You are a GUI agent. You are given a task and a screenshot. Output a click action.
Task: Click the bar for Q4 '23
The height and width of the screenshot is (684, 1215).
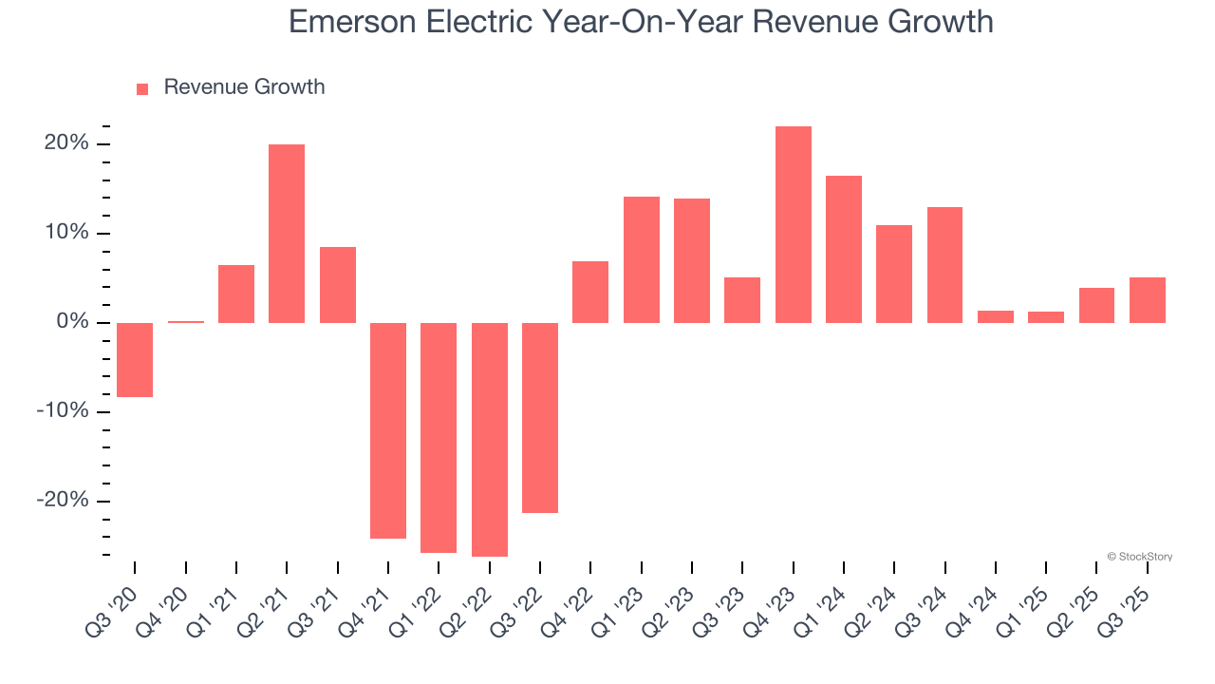[793, 224]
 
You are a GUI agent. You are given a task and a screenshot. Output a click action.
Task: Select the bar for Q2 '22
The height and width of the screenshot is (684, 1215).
[489, 439]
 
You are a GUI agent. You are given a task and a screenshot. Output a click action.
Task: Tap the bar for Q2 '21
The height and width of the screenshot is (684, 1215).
[287, 234]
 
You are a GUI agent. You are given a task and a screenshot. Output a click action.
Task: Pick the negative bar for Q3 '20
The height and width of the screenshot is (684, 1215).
[135, 359]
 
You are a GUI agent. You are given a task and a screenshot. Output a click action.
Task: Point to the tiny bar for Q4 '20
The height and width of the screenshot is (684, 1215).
[185, 322]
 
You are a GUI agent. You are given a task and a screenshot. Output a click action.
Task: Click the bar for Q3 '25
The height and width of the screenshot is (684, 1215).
[1147, 300]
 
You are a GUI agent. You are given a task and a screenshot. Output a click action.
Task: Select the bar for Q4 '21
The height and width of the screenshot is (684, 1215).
[388, 430]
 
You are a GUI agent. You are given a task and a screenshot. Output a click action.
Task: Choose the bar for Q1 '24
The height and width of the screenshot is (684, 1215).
[844, 249]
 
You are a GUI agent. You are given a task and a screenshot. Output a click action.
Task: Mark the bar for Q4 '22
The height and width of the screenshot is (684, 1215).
[590, 292]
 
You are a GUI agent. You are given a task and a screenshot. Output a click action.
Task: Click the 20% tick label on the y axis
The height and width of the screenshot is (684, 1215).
[65, 143]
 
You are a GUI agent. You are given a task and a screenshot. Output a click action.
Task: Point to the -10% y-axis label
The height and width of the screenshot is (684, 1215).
[62, 411]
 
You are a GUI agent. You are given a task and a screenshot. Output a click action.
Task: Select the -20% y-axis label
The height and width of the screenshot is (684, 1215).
[62, 501]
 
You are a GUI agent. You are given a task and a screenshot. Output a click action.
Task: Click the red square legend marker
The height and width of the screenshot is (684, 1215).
[142, 88]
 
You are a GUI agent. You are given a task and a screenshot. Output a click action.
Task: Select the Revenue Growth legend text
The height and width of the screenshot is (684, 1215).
[244, 87]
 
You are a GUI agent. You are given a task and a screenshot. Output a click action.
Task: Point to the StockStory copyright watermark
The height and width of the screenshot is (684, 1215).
[1139, 557]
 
